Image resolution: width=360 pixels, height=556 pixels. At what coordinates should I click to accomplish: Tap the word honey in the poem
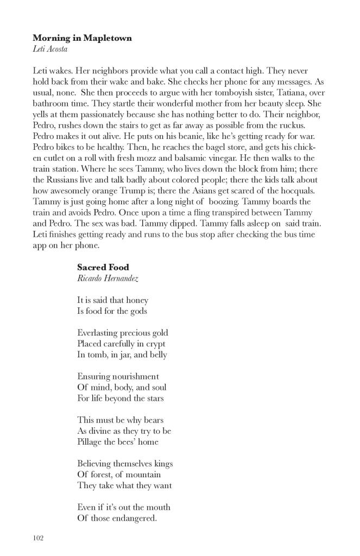tap(136, 300)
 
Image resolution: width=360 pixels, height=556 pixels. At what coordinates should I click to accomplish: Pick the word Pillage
tap(91, 442)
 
